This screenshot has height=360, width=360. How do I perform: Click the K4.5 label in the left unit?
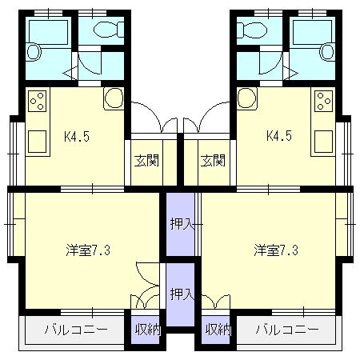[x=77, y=137]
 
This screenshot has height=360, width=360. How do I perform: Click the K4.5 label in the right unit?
[x=279, y=136]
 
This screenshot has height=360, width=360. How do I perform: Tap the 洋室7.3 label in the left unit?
[x=88, y=250]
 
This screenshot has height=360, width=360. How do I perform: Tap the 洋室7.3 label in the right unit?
[x=276, y=250]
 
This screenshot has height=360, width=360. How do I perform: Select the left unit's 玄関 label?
[x=146, y=161]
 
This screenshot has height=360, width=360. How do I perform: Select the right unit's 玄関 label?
[x=213, y=161]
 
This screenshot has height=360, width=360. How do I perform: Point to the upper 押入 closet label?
[x=182, y=224]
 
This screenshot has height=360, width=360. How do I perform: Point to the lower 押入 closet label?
[x=182, y=294]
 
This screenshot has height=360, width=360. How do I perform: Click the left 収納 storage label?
[x=147, y=330]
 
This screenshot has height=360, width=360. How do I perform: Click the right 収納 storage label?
[x=218, y=330]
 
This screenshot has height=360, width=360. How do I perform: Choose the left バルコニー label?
[x=76, y=330]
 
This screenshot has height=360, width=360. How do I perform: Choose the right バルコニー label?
[x=287, y=330]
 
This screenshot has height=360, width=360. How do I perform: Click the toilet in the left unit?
[x=109, y=29]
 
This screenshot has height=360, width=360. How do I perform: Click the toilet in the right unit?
[x=252, y=29]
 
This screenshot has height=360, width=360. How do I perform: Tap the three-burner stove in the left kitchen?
[x=38, y=101]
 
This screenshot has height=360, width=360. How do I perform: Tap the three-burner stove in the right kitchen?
[x=324, y=101]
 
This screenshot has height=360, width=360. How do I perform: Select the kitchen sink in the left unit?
[x=38, y=142]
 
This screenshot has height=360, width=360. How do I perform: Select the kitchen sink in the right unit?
[x=324, y=142]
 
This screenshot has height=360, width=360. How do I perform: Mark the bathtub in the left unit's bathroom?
[x=48, y=32]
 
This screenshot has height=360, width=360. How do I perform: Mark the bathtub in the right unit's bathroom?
[x=313, y=32]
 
